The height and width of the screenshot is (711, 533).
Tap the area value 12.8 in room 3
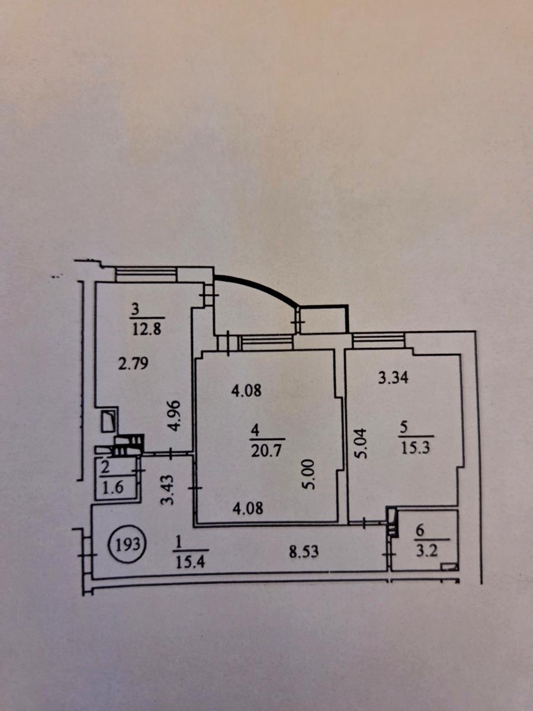point(147,329)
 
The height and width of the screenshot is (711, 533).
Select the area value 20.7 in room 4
point(267,451)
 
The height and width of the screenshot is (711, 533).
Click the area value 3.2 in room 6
point(427,550)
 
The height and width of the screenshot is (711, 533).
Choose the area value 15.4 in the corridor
point(190,562)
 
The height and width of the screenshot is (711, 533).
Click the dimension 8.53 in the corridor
point(304,551)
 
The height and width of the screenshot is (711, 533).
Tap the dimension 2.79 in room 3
point(133,363)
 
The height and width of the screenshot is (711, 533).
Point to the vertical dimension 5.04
point(361,443)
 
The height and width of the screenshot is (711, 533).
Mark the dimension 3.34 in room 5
point(393,377)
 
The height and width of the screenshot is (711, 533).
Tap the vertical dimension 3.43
point(168,490)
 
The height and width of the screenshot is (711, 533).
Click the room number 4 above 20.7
point(255,431)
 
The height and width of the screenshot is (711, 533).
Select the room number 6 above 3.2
point(420,531)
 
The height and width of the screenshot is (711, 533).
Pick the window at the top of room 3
point(146,274)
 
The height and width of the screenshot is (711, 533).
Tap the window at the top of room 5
point(378,341)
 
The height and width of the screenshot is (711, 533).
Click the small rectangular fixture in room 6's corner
point(449,575)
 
